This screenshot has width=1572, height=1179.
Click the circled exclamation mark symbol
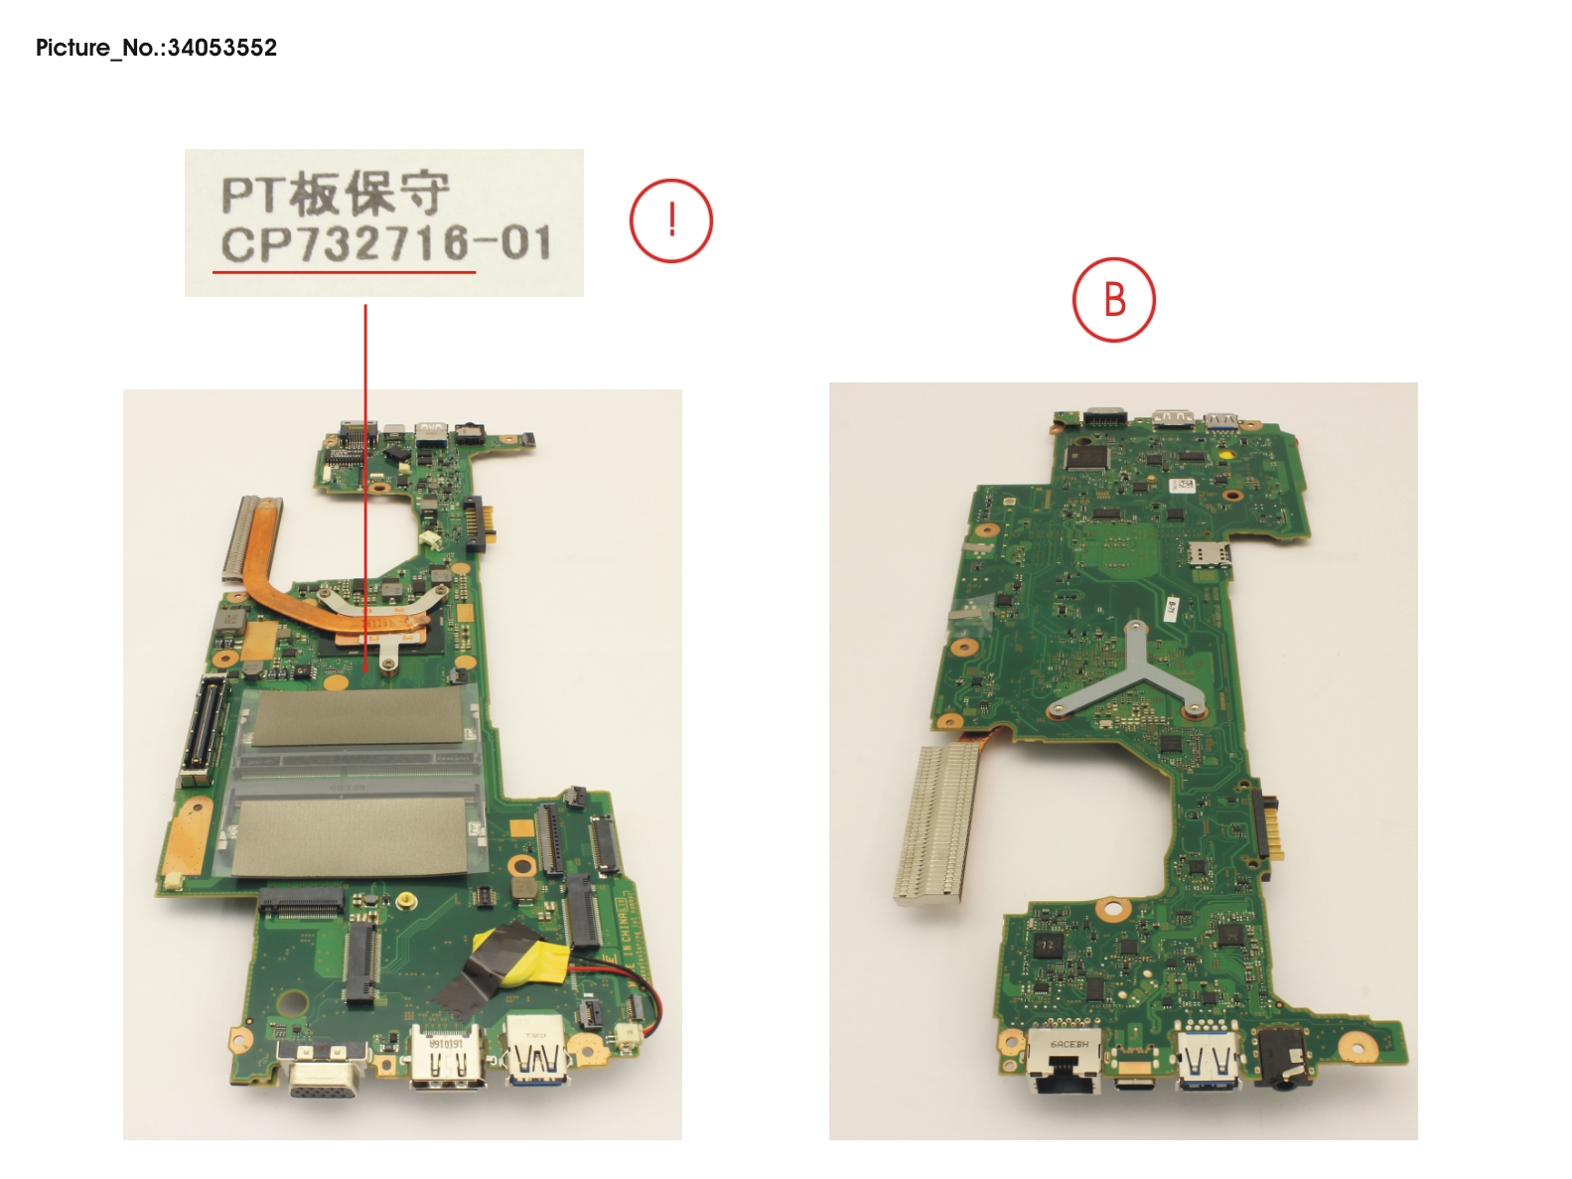click(x=671, y=221)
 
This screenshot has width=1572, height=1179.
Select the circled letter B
click(x=1113, y=300)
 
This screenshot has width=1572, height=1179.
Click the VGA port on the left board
click(x=317, y=1074)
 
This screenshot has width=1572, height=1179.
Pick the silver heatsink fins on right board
click(x=930, y=823)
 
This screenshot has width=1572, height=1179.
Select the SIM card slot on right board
click(x=1209, y=554)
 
